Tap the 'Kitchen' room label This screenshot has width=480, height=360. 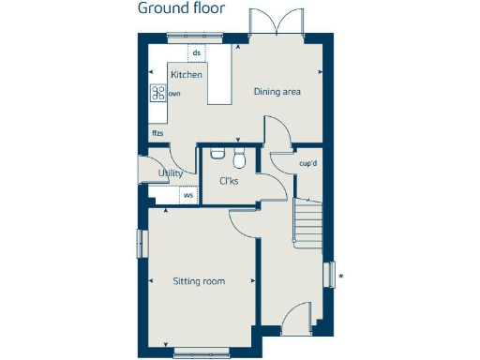coord(186,74)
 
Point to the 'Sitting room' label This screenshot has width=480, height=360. coord(199,280)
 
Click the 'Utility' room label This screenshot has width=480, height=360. coord(170,173)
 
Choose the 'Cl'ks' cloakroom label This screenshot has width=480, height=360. coord(229,181)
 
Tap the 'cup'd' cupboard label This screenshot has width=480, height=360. coord(308,162)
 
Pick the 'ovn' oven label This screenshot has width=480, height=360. coord(174,94)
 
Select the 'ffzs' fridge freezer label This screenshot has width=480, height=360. coord(157,133)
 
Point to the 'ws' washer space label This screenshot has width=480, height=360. coord(187,196)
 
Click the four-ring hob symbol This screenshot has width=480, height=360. coord(158,93)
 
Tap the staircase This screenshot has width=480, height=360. coord(307,221)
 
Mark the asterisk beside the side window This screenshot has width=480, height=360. coord(341,276)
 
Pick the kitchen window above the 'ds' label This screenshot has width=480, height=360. coord(196,36)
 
